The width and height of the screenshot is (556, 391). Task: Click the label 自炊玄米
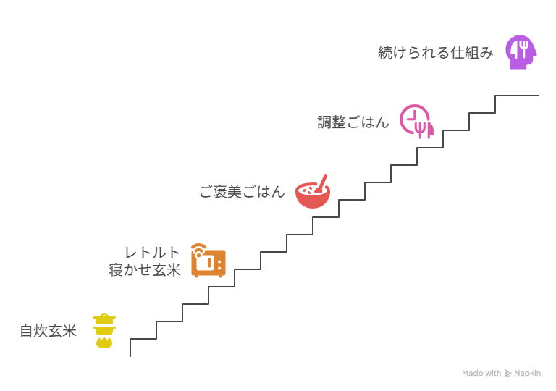pyautogui.click(x=49, y=332)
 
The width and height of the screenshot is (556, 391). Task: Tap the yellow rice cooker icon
pyautogui.click(x=104, y=330)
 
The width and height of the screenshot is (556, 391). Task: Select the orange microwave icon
pyautogui.click(x=208, y=261)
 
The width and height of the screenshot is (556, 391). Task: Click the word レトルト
pyautogui.click(x=152, y=253)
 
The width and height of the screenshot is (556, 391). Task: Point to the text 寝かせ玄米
pyautogui.click(x=145, y=270)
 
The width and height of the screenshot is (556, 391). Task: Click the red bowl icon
pyautogui.click(x=312, y=193)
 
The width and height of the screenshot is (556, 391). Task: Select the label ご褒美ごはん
pyautogui.click(x=242, y=192)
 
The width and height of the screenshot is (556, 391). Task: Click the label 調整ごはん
pyautogui.click(x=353, y=122)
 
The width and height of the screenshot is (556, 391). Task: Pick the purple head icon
pyautogui.click(x=521, y=51)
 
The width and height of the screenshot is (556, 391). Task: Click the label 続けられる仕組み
pyautogui.click(x=436, y=53)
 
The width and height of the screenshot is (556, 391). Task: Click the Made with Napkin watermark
pyautogui.click(x=501, y=374)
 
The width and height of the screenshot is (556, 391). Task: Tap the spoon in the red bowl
pyautogui.click(x=321, y=181)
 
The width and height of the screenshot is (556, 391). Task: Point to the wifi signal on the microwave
pyautogui.click(x=198, y=250)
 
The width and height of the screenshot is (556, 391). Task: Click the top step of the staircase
pyautogui.click(x=517, y=96)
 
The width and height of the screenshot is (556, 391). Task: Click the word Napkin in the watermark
pyautogui.click(x=527, y=374)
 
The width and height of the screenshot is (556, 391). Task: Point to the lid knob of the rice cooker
pyautogui.click(x=104, y=315)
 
